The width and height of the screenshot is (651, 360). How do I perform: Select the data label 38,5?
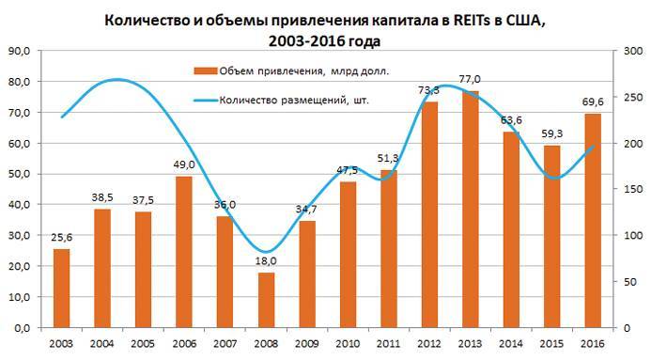click(102, 199)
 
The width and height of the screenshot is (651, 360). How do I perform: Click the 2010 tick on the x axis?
click(348, 344)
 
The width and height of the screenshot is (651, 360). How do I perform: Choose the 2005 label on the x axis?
click(143, 344)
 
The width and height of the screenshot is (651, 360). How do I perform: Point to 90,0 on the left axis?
click(19, 51)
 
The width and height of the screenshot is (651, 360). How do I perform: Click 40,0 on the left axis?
click(19, 205)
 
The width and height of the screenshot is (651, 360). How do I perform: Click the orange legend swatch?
click(204, 70)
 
